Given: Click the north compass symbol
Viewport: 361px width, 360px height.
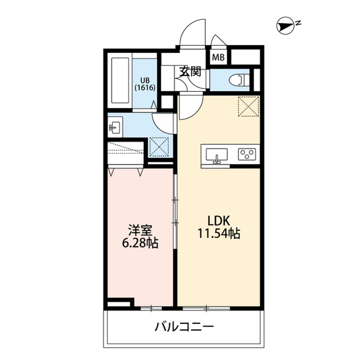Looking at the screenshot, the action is coord(285,25).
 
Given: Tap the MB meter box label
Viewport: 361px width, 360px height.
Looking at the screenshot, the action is coord(218,57).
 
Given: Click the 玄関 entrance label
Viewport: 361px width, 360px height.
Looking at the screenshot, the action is coord(190,72).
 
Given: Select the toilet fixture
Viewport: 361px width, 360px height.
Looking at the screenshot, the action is coord(239,80).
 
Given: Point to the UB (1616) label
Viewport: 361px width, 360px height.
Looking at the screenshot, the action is coord(145,84).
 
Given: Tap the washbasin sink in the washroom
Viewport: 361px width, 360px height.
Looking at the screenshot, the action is coord(115,127).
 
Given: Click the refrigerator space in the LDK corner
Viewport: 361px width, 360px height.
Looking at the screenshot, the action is coord(248,106).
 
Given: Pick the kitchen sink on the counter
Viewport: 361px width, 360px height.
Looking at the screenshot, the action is coord(217,155).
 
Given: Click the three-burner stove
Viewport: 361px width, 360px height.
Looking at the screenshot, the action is coord(247,154).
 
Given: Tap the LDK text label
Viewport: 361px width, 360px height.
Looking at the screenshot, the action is coord(219,221).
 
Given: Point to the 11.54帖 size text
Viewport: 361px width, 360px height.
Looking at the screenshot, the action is coord(219,234).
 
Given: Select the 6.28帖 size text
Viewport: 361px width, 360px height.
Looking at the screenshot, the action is coord(140,243).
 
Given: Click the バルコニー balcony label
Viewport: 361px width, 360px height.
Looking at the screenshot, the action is coord(184,326).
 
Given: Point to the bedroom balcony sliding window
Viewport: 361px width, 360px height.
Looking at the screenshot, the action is coord(151,308).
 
